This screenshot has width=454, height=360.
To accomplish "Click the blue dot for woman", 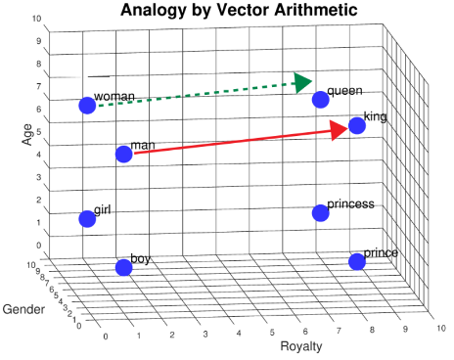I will point(86,106).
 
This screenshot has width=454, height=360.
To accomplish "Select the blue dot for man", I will point(123,154).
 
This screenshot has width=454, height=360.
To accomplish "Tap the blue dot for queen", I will point(319,99).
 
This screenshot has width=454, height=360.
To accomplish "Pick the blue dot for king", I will point(356,125).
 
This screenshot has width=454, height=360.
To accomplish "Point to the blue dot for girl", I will point(86,219).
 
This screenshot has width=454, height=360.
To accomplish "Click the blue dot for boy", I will point(123,267).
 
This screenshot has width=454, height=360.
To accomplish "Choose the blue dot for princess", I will point(319,212).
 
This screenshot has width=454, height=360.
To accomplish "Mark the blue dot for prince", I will point(356,261).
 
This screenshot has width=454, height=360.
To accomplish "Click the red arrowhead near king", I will point(339,129).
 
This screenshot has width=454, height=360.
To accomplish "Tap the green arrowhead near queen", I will point(301,83).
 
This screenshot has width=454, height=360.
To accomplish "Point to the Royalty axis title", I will point(301,345).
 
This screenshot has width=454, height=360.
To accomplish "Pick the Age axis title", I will point(27,134).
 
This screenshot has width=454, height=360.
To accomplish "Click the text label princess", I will point(350,203).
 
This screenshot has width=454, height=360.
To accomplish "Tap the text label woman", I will point(113,98).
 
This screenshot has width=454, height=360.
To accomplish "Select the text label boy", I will point(141,258).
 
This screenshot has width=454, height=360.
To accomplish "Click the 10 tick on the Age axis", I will point(36,19).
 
